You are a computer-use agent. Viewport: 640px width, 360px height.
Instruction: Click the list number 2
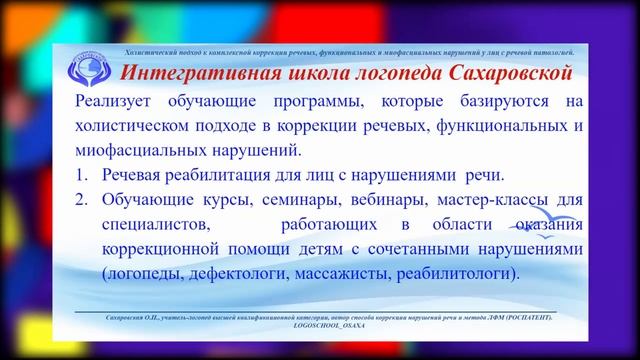(81, 199)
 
